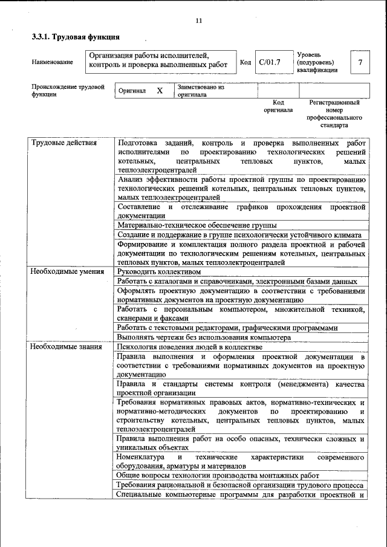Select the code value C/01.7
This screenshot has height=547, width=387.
(x=270, y=62)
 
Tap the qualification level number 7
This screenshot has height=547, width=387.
(x=360, y=62)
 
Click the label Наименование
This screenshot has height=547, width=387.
(x=53, y=62)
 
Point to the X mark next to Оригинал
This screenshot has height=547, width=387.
(x=160, y=91)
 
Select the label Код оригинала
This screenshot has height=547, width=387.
(x=278, y=106)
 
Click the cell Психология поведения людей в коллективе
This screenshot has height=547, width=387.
(x=190, y=347)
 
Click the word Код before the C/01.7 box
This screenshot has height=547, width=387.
(x=246, y=62)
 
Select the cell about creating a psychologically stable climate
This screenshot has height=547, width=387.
(x=239, y=235)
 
